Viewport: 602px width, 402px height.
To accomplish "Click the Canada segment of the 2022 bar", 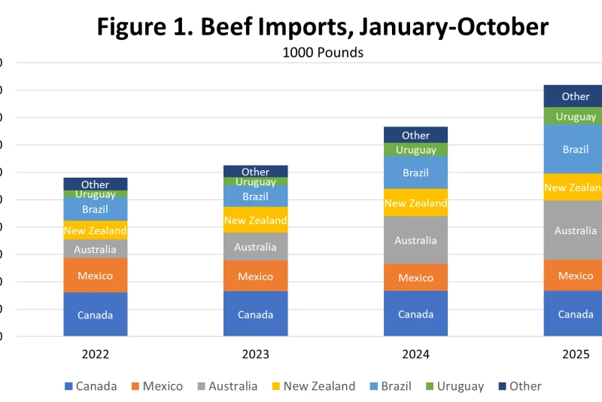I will click(x=96, y=315).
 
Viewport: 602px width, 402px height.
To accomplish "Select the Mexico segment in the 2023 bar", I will click(x=256, y=276).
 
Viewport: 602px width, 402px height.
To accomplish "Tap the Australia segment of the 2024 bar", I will click(x=416, y=240).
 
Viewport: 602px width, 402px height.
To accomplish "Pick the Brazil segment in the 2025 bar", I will click(x=576, y=149).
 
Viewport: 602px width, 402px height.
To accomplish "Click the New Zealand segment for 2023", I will click(x=256, y=220).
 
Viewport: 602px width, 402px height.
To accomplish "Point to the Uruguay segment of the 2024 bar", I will click(x=416, y=150).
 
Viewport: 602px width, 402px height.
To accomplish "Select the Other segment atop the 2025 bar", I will click(x=576, y=96).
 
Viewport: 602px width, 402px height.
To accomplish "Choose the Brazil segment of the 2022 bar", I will click(x=96, y=209).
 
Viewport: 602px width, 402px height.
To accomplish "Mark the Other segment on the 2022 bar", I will click(x=96, y=184).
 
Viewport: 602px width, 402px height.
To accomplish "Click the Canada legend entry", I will click(x=90, y=386).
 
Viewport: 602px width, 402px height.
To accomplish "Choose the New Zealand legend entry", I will click(x=311, y=386).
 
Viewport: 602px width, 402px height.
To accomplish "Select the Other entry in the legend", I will click(x=519, y=386).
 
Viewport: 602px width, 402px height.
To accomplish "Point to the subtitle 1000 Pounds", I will click(x=323, y=53).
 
